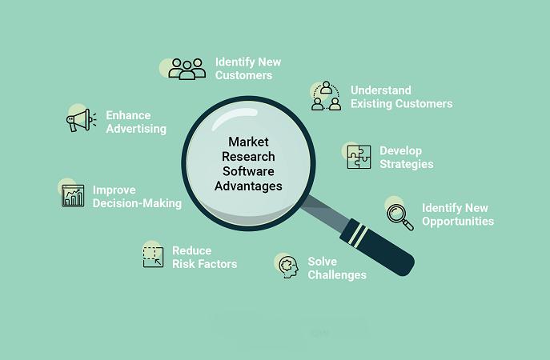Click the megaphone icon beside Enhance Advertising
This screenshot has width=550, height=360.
pos(81,120)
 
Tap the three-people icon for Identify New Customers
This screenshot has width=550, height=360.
pos(187,69)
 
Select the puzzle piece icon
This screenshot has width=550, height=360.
pos(359,157)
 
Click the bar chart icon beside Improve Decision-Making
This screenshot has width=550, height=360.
pos(73,196)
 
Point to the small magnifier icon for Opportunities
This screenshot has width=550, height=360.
pos(400,218)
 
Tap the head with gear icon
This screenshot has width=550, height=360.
pos(289,267)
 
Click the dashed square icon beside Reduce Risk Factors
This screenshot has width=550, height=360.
pos(153,257)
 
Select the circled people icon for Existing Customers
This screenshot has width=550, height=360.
pos(326,96)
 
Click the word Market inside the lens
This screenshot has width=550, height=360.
pos(248,142)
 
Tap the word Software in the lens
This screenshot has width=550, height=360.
pos(248,171)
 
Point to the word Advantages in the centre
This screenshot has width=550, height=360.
pos(248,186)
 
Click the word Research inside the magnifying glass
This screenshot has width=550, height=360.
pos(248,157)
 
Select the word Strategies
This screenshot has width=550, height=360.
pos(407,165)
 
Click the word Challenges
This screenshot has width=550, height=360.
pos(337,275)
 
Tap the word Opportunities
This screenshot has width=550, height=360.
pos(458,222)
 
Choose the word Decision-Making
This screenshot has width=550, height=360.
pos(137,204)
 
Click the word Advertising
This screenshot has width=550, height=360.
pos(136,129)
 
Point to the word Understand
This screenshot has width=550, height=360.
pos(381,90)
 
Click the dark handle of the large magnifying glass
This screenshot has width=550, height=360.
pos(378,247)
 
